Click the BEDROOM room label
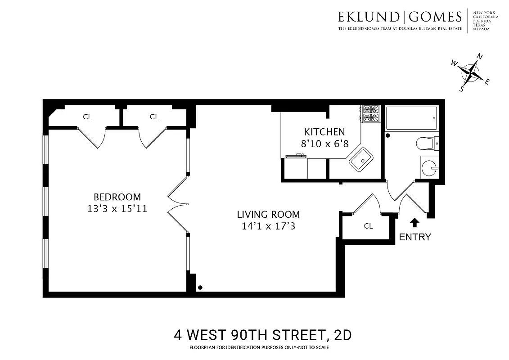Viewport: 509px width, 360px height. (x=117, y=197)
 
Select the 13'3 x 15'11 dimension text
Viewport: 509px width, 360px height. (x=117, y=209)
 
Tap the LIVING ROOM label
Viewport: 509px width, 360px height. (x=268, y=215)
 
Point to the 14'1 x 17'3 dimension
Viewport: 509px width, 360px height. (x=268, y=226)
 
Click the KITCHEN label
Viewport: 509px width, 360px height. (x=324, y=132)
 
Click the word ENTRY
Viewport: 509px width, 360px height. (x=415, y=237)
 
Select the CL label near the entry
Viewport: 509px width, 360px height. (x=368, y=226)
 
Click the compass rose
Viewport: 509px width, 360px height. (x=471, y=72)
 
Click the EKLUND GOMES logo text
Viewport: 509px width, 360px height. (x=400, y=17)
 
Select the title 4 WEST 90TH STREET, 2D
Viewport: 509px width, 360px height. (x=262, y=335)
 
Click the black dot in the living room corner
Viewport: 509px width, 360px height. (x=200, y=287)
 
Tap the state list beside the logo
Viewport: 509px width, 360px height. (x=485, y=20)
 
